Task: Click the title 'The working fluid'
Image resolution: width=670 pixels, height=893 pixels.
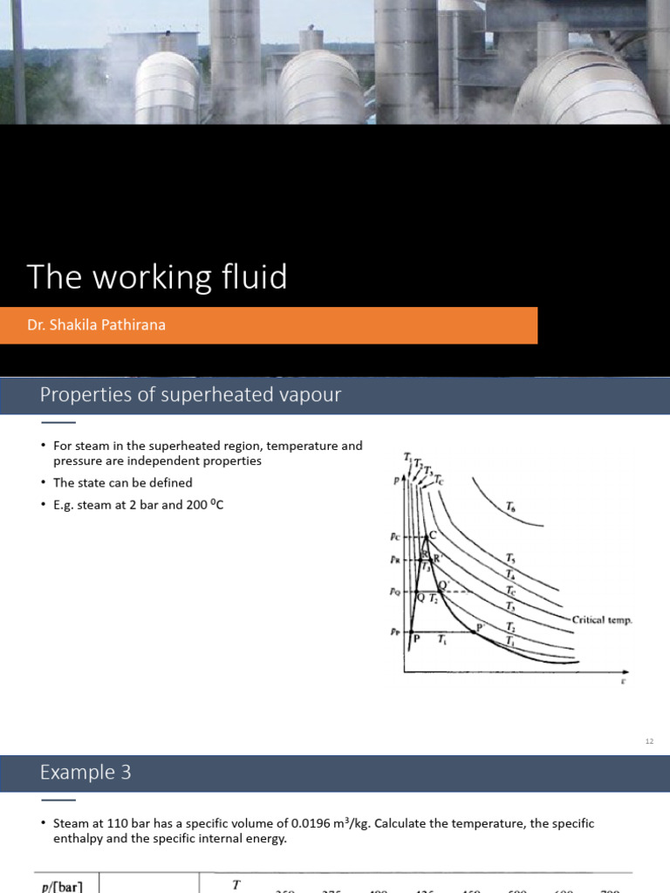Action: tap(157, 277)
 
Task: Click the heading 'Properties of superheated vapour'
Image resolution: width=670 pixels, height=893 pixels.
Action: tap(190, 395)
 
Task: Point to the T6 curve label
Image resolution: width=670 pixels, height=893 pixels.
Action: tap(509, 506)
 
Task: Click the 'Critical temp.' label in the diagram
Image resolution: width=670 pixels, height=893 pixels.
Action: tap(601, 620)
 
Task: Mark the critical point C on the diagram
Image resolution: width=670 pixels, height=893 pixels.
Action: tap(432, 535)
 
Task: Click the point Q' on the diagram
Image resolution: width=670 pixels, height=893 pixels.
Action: tap(442, 585)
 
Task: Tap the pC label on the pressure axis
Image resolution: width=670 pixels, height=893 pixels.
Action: tap(394, 537)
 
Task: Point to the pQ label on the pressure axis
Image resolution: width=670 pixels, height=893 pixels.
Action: tap(394, 592)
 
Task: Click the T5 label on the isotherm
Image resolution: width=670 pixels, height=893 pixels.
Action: tap(509, 557)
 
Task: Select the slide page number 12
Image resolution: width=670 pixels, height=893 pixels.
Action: tap(648, 741)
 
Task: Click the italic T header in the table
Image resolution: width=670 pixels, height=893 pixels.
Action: tap(236, 884)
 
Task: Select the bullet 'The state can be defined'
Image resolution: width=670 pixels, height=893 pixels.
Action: tap(122, 482)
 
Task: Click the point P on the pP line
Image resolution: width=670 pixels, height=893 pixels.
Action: tap(416, 637)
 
